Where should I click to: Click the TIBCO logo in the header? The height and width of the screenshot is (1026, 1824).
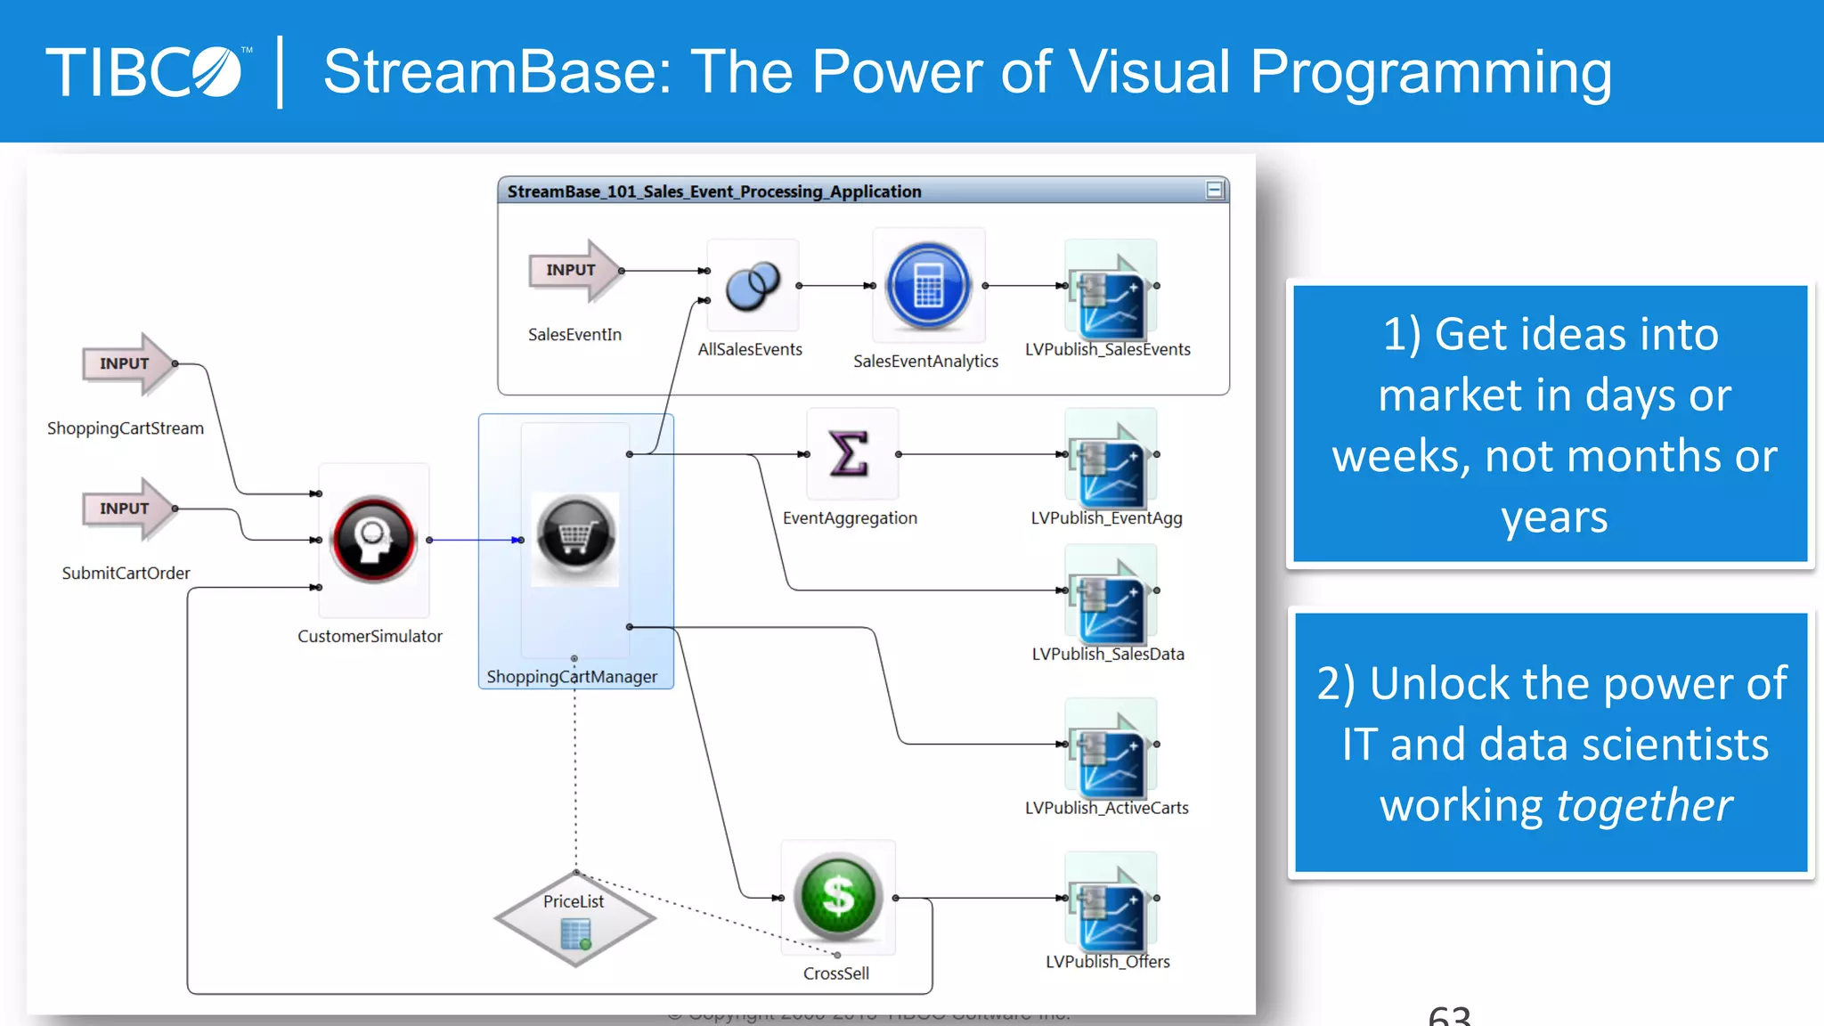tap(147, 71)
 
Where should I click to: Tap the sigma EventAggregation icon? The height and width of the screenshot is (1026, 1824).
tap(850, 454)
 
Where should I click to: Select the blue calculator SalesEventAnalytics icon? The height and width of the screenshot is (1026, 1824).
tap(928, 286)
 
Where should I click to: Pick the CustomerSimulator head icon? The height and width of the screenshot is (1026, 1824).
tap(373, 540)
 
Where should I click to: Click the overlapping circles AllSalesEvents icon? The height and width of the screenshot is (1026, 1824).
tap(753, 286)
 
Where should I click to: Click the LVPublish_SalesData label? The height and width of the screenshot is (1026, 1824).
tap(1108, 654)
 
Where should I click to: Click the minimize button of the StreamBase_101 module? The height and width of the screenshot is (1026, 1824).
tap(1215, 190)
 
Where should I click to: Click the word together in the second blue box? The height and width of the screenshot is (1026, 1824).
tap(1643, 805)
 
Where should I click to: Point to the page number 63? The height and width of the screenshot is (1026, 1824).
tap(1449, 1015)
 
